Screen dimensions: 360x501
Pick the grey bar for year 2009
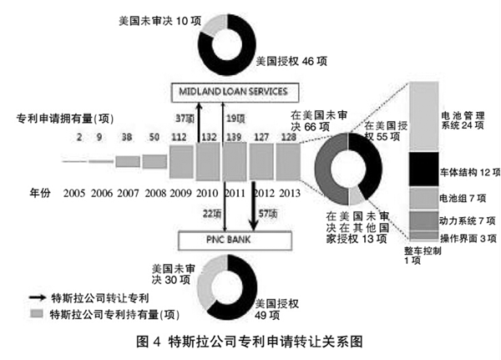[x=181, y=159]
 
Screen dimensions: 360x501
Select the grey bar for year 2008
[x=154, y=160]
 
